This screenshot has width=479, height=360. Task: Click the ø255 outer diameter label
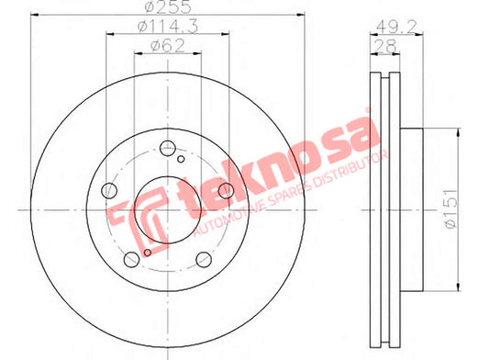(168, 6)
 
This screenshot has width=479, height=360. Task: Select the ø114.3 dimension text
(168, 26)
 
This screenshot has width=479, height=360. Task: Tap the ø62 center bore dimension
(168, 46)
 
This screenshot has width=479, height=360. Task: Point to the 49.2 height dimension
(396, 28)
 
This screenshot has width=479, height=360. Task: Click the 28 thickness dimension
(385, 46)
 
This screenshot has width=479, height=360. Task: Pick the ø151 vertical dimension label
(451, 208)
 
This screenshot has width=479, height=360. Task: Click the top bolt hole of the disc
(168, 148)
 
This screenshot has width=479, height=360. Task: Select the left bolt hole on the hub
(109, 191)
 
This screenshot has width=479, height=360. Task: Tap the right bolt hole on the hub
(226, 190)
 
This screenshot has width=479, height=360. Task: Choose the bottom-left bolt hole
(131, 260)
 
